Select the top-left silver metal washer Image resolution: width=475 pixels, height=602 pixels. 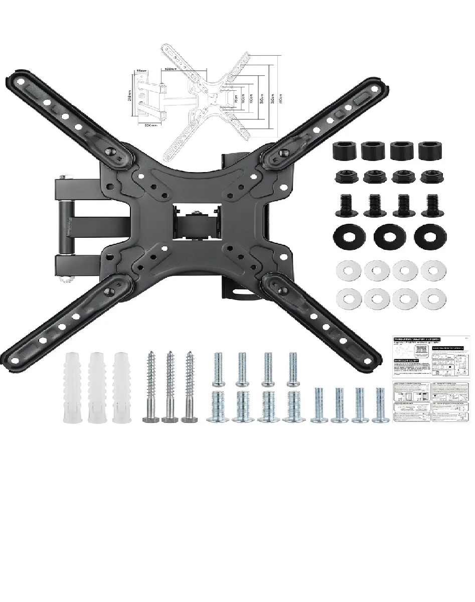346,271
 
